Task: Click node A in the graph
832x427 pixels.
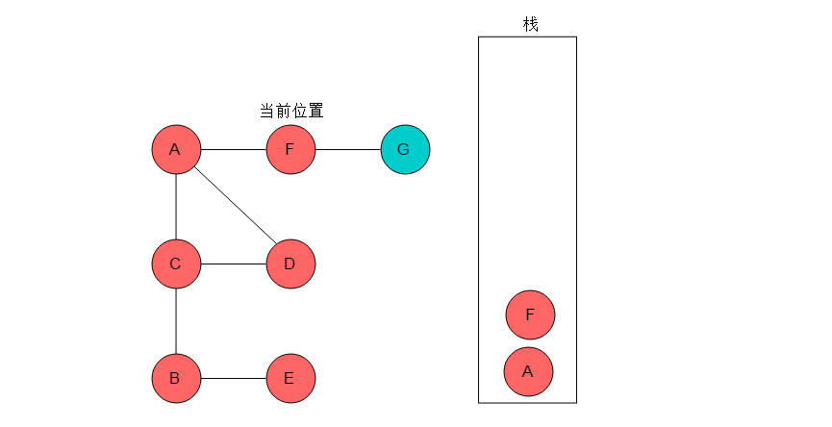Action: pos(176,150)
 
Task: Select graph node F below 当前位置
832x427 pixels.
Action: pos(290,150)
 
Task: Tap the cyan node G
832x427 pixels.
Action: pos(405,150)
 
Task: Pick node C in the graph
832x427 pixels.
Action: pos(176,264)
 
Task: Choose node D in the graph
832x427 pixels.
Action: pos(290,264)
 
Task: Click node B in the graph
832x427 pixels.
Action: pos(176,378)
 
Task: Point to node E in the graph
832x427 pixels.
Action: pos(290,378)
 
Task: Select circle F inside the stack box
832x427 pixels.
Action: pos(530,315)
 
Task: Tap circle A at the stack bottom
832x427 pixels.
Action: pos(528,371)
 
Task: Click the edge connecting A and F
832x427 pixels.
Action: pos(234,150)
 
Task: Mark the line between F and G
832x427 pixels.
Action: pos(348,150)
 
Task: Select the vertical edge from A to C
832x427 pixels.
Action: pos(176,207)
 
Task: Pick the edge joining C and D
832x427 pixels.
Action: pos(234,264)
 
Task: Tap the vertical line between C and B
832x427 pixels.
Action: pos(176,321)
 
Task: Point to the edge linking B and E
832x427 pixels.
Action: pos(234,378)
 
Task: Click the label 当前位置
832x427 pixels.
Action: pos(291,111)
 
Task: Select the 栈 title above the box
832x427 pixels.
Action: pos(531,24)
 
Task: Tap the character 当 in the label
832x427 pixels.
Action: pos(267,111)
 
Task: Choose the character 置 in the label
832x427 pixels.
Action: pos(315,111)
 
